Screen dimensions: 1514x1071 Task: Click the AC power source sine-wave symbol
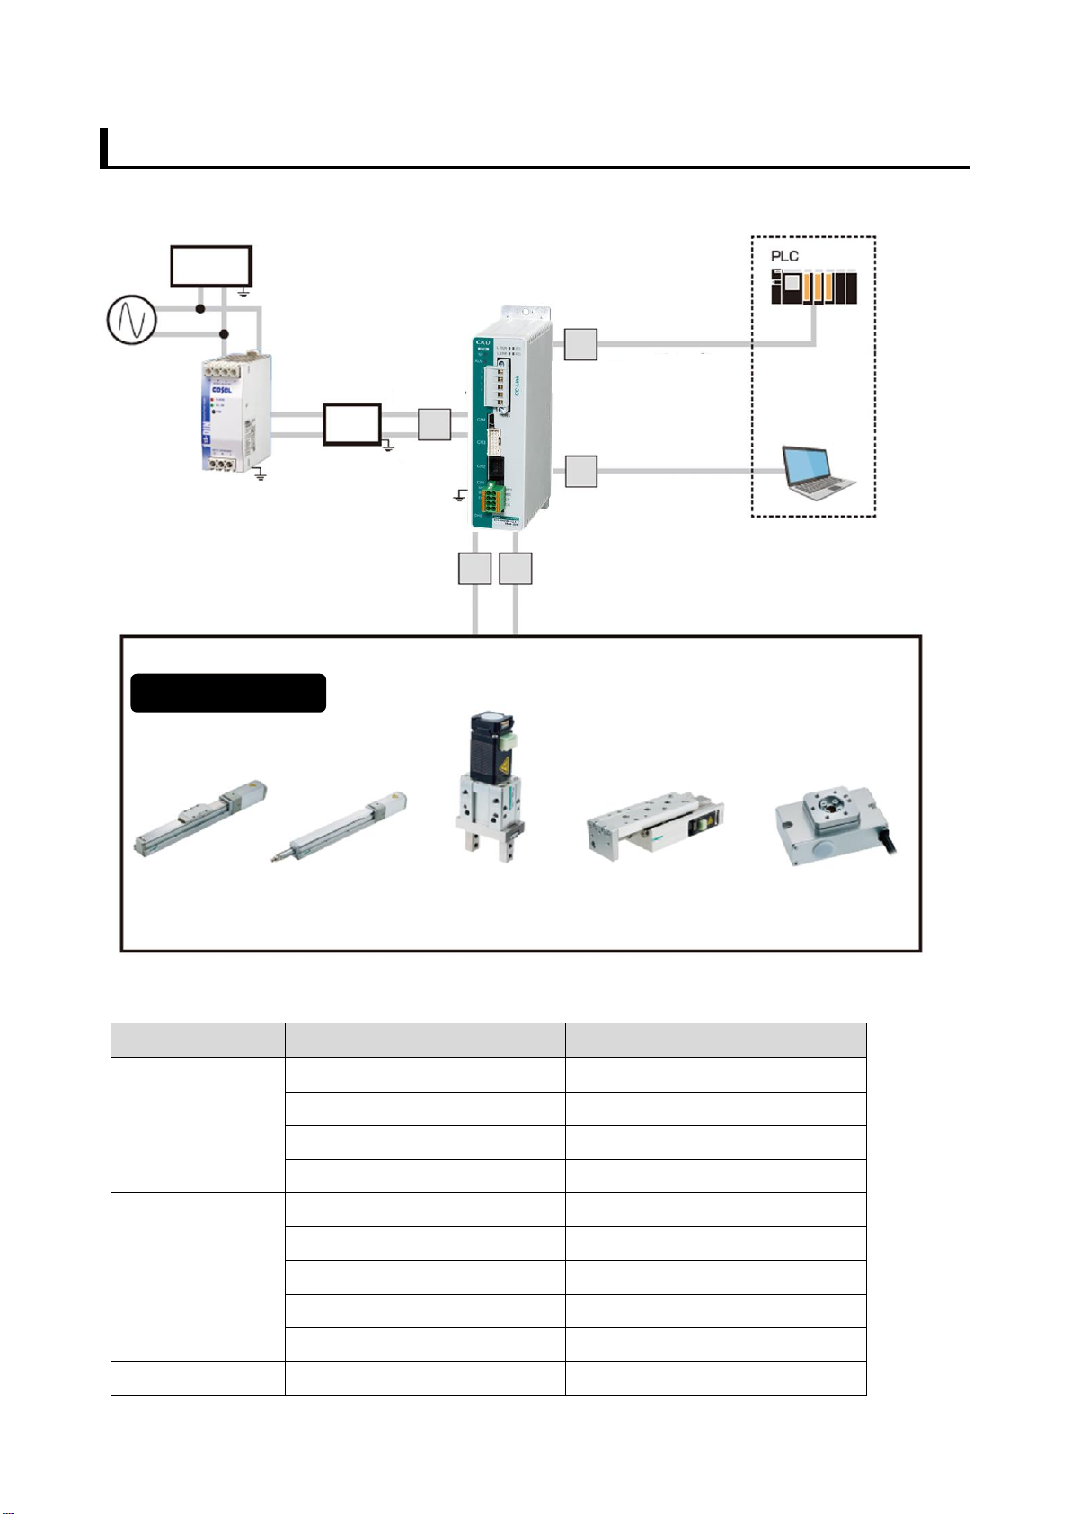coord(132,320)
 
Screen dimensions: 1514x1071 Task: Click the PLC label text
coord(784,256)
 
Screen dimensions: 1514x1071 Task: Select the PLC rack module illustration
coord(813,288)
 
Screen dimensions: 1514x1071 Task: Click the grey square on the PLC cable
coord(580,344)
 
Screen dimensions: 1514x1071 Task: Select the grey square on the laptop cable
coord(580,471)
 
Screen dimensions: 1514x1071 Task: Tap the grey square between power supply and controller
coord(434,424)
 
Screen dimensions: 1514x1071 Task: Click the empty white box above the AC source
coord(211,266)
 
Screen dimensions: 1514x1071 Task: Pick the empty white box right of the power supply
coord(352,424)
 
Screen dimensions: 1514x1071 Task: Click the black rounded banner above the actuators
coord(228,693)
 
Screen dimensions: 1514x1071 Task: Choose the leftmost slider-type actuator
coord(200,819)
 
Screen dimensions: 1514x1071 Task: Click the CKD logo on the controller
coord(482,342)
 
